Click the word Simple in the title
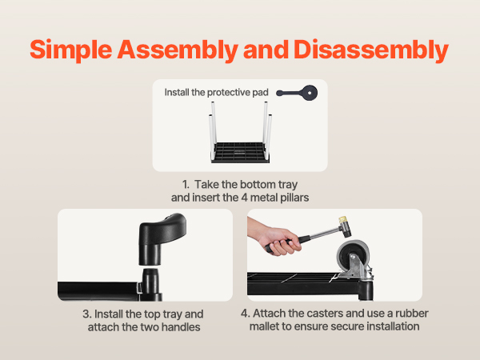coord(71,50)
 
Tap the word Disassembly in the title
coord(371,50)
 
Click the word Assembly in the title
coord(178,50)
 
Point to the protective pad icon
coord(297,93)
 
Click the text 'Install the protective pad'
coord(217,92)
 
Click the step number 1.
coord(186,185)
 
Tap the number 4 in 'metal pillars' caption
coord(244,198)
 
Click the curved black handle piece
coord(162,238)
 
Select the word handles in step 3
coord(181,327)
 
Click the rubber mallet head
coord(344,227)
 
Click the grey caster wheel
coord(353,256)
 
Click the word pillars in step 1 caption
coord(294,198)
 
